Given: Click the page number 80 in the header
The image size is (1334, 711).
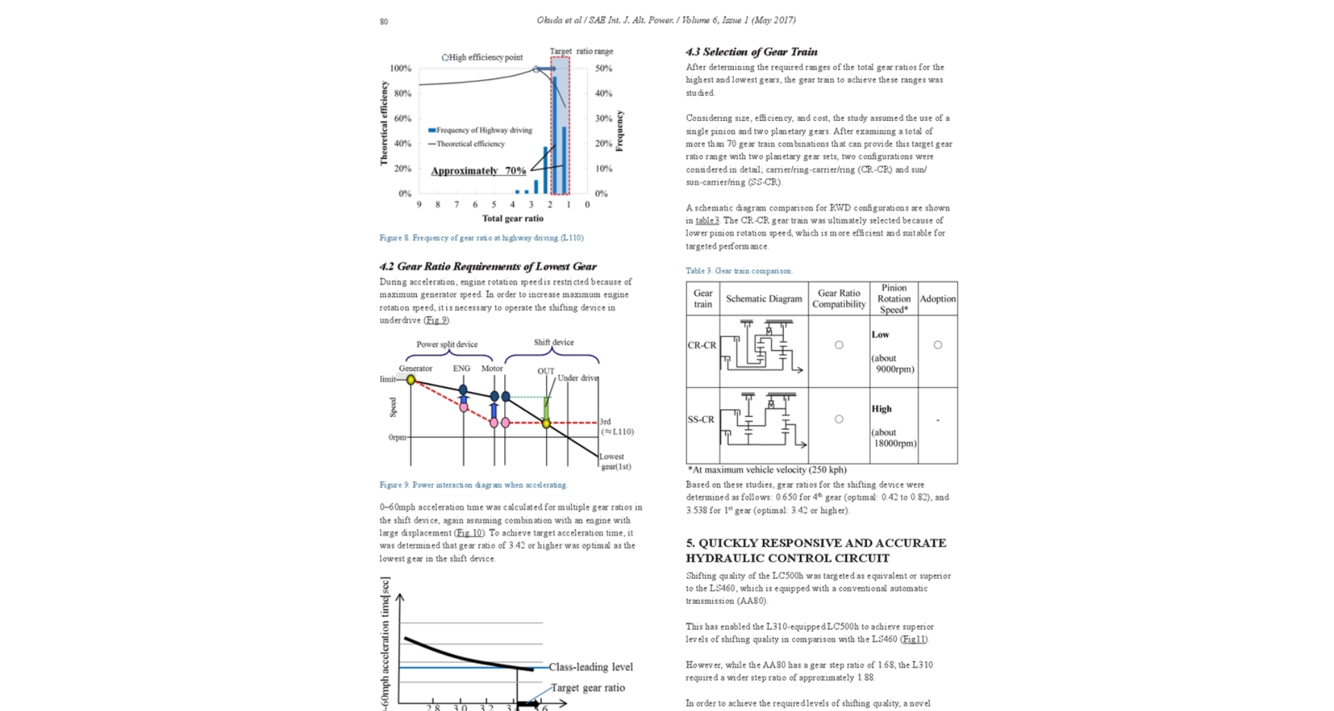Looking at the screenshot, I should coord(384,22).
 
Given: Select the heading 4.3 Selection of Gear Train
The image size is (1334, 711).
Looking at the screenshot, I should coord(751,52).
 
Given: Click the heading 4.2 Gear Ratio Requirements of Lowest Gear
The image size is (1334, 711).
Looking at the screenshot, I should coord(488,267).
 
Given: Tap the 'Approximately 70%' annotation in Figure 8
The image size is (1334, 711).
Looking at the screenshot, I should coord(478,171).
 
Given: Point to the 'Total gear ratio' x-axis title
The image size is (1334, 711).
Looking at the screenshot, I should coord(513,218).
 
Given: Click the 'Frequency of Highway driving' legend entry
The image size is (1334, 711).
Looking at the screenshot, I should coord(480,131).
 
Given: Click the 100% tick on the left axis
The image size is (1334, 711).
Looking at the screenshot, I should coord(400,68).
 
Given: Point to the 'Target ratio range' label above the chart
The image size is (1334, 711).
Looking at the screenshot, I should coord(581,51).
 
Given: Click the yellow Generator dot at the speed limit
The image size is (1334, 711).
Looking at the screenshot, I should coord(411,380).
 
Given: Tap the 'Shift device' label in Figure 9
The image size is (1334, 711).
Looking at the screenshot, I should coord(554,343).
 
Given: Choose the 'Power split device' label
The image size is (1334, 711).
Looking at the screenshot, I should coord(447,345).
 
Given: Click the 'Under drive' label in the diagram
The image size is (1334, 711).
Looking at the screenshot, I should coord(577,378).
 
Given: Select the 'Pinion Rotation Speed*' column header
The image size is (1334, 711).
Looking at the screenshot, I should coord(894,299).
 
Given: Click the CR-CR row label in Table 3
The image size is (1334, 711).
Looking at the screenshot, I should coord(702,345).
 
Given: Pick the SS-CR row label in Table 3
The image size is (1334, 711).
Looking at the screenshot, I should coord(701,420).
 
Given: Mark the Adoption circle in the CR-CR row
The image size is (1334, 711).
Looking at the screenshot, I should coord(937,345).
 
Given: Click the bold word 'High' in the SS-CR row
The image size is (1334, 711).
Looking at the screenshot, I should coord(881,409).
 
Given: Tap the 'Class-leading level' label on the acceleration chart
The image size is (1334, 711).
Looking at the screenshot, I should coord(591,667).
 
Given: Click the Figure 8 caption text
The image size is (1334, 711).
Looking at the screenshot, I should coord(481,238).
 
